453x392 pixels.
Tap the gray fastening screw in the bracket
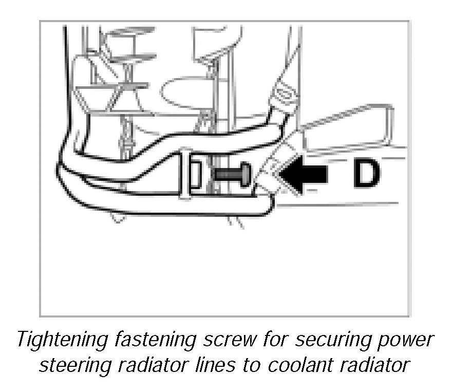[x=228, y=174]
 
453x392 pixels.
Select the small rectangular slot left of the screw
[x=196, y=174]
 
